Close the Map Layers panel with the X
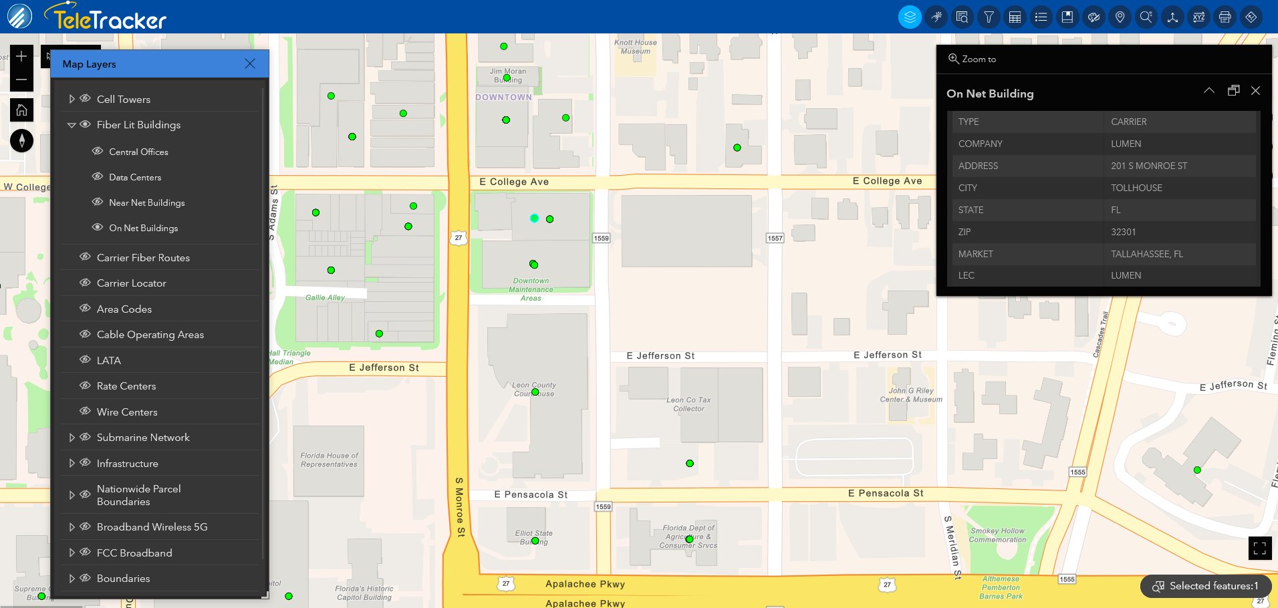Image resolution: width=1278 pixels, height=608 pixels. pos(250,63)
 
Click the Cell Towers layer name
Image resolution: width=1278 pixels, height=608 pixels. pos(124,99)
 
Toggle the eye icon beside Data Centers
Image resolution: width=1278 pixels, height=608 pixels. pos(98,177)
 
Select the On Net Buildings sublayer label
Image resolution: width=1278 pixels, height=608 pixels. pos(144,228)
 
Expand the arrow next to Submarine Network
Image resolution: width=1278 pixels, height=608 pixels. pos(72,438)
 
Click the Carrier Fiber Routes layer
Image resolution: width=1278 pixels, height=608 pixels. pos(143,257)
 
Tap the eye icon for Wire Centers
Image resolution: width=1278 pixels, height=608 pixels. pos(85,412)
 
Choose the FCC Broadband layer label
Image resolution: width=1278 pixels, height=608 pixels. pos(134,553)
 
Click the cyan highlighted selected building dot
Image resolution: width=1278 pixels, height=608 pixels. pos(534,218)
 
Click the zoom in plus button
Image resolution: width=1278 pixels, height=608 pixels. pos(21,56)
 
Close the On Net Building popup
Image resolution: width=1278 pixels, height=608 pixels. pos(1255,91)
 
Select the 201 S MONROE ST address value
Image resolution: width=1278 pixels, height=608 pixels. pos(1149,166)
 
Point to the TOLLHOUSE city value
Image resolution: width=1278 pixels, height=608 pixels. pos(1136,188)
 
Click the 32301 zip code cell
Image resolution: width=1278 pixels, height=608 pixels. pos(1123,232)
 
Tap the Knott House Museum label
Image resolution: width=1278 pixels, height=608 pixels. pos(635,47)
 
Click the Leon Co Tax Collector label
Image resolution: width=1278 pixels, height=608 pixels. pos(688,404)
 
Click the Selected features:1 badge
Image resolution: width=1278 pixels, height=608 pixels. pos(1206,586)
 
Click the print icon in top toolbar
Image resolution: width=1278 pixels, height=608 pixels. pos(1225,17)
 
